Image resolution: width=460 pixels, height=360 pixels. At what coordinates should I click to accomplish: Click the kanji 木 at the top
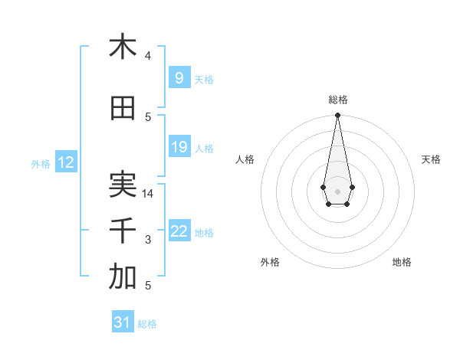(x=123, y=47)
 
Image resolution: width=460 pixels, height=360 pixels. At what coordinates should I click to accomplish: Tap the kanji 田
(x=123, y=109)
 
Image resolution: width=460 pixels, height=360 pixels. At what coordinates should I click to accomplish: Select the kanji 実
(x=123, y=185)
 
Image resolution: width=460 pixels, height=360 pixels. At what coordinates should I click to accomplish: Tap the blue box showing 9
(x=179, y=78)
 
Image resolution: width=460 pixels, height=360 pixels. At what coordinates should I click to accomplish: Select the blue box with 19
(x=179, y=148)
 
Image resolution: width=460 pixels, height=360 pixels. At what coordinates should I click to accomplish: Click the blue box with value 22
(x=179, y=232)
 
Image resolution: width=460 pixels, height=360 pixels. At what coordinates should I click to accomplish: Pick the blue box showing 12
(x=66, y=162)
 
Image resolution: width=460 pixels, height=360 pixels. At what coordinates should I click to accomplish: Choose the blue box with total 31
(x=123, y=323)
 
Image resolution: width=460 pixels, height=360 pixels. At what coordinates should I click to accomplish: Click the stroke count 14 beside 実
(x=149, y=194)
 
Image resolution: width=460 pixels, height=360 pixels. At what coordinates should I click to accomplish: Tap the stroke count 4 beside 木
(x=148, y=56)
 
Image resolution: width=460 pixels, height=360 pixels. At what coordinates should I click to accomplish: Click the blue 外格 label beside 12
(x=41, y=163)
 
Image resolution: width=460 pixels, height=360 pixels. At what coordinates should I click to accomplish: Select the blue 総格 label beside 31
(x=147, y=324)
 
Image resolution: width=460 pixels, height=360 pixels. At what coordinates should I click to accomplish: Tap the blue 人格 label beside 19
(x=204, y=149)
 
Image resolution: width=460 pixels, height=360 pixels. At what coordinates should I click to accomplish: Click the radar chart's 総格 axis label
(x=337, y=100)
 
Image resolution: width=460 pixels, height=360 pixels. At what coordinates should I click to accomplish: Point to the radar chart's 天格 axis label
(x=431, y=159)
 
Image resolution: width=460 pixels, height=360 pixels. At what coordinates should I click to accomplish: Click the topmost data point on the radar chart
(x=337, y=116)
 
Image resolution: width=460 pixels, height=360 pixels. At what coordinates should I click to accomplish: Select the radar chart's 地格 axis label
(x=402, y=262)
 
